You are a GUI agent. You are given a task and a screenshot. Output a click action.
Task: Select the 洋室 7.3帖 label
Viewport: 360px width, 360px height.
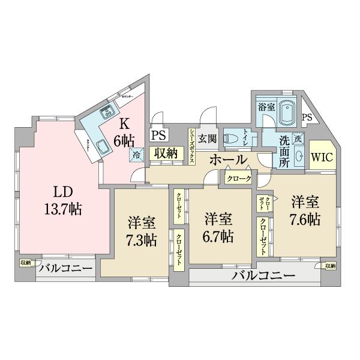coord(142,232)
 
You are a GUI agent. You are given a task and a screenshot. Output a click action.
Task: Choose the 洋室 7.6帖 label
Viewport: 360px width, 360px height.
coord(304,210)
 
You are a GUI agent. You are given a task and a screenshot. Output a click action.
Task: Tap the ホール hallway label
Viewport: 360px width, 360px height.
coord(228,160)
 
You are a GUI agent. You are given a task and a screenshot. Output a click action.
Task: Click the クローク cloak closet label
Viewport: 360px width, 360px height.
coord(239,178)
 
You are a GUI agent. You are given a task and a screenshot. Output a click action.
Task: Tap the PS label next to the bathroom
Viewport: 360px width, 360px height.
coord(307,118)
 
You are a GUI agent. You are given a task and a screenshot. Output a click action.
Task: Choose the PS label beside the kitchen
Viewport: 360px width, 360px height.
coord(158,135)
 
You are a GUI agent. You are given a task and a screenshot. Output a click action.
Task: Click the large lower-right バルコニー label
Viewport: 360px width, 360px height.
coord(263,277)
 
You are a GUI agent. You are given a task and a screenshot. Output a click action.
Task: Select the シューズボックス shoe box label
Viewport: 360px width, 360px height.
coord(191,143)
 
